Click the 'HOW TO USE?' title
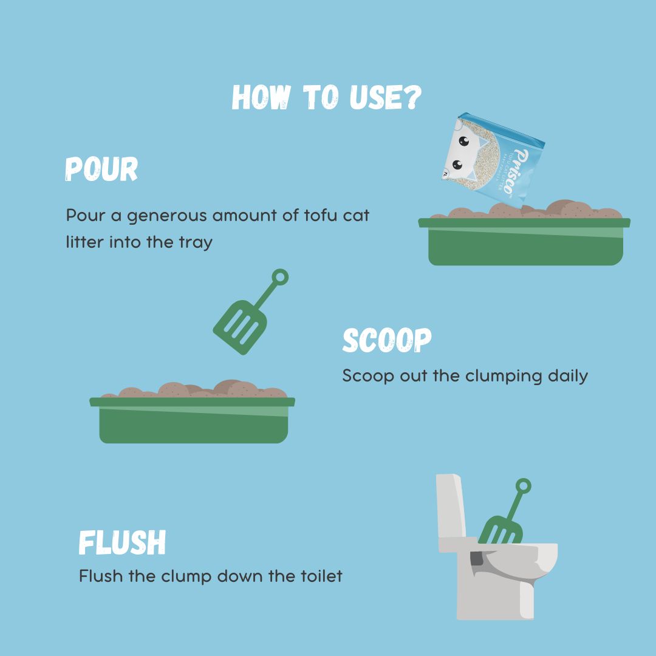pos(327,97)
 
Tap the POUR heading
pos(101,169)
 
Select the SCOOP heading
pos(386,340)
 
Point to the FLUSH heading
pos(122,542)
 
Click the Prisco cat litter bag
pos(493,161)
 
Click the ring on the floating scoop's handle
pos(280,277)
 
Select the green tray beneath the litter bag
pos(525,241)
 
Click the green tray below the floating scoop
pos(193,420)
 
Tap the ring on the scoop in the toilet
pos(524,486)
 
